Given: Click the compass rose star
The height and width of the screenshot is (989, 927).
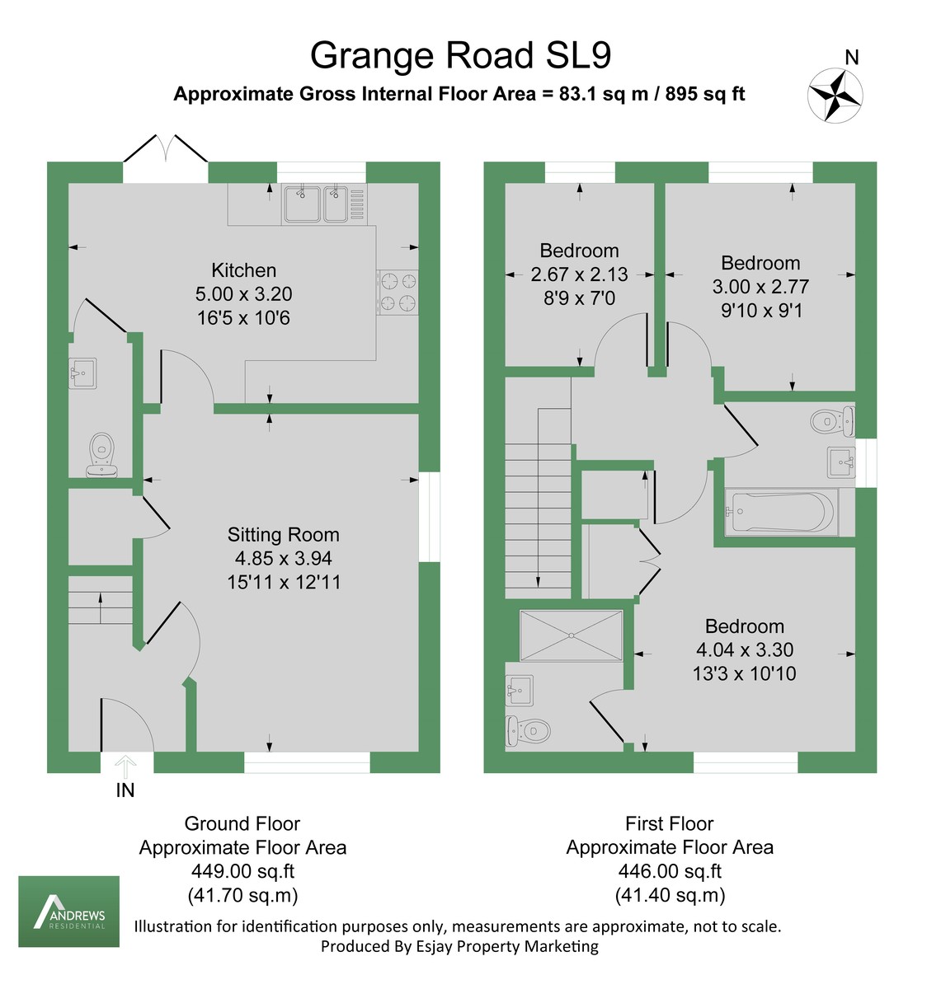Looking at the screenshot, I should tap(835, 95).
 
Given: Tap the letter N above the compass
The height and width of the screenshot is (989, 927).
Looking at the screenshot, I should tap(852, 57).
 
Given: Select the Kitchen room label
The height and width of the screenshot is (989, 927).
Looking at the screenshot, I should tap(243, 270).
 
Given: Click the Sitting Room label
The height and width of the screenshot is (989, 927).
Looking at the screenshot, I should tap(283, 535).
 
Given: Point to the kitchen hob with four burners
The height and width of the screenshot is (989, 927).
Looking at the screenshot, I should tap(398, 293).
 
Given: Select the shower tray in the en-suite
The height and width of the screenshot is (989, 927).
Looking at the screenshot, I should tap(571, 635).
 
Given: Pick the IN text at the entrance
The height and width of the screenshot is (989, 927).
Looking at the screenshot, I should tap(125, 790).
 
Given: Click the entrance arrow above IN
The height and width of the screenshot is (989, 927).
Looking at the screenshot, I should tap(125, 766).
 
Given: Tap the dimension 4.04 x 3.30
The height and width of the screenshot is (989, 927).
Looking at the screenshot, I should tap(744, 650).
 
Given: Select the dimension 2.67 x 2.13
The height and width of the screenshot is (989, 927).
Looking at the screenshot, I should tap(579, 274).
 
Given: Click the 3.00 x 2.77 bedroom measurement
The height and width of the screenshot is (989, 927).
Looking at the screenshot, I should tap(760, 287).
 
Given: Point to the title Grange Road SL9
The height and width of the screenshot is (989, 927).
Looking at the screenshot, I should tap(460, 55).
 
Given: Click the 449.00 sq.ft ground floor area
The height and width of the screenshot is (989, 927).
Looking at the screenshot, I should tap(242, 871).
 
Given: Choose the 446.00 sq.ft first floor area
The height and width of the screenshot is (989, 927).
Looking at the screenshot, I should tap(669, 871).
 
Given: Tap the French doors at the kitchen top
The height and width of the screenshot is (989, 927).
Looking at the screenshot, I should tap(166, 152).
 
